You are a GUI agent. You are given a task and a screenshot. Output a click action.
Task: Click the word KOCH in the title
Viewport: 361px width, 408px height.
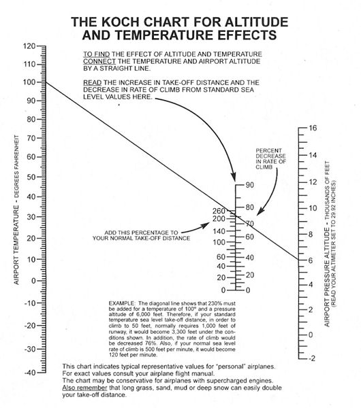pos(120,22)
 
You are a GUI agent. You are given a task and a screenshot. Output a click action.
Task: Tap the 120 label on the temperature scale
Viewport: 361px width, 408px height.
pos(29,46)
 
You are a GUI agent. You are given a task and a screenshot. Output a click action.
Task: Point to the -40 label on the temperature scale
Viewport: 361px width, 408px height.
pos(30,373)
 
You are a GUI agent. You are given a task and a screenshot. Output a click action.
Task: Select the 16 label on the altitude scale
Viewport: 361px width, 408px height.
pos(313,128)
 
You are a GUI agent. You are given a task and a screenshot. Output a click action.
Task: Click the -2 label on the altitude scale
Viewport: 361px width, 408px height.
pos(312,358)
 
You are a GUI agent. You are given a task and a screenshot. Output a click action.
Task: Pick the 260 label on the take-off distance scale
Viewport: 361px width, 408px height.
pos(219,211)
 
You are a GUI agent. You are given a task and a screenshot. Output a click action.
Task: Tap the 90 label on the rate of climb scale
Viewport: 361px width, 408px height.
pos(249,185)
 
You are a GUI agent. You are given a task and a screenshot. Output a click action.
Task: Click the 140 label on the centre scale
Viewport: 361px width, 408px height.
pos(219,231)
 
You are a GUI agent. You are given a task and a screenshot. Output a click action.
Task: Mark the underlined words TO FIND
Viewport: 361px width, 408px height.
pos(97,54)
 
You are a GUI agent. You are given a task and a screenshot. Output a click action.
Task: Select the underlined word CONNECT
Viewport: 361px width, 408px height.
pos(99,61)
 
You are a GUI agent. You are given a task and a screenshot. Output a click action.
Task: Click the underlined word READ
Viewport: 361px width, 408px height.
pos(92,83)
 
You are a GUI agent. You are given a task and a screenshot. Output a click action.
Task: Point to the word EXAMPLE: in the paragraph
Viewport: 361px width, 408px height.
pos(122,303)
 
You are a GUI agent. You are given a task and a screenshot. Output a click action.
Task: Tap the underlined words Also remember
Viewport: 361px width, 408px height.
pos(84,388)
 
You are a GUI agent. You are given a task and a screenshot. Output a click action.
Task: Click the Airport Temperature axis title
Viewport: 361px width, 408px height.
pos(16,209)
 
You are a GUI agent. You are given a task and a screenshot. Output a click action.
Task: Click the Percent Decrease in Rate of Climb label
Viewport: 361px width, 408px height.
pos(271,158)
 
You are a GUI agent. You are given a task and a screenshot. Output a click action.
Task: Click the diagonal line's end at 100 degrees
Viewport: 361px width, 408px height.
pos(46,82)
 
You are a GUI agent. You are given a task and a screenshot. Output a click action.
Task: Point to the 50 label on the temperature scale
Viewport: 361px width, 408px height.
pos(31,177)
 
